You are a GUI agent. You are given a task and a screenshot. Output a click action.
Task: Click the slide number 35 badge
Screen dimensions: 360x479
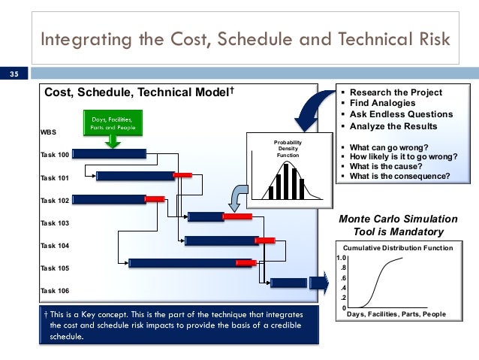14,74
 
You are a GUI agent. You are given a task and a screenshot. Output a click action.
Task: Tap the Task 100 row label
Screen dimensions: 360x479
55,154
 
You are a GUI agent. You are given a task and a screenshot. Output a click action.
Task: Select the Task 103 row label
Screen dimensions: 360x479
55,223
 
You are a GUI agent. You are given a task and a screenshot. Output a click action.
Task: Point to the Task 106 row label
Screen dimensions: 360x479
55,290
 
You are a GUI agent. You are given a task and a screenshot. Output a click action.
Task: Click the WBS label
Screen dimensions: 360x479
48,132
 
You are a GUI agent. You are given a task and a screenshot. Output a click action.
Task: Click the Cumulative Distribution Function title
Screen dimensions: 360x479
398,247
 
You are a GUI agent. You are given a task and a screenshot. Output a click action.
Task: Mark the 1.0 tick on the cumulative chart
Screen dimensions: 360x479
339,258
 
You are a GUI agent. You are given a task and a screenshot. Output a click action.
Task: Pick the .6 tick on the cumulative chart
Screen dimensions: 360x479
342,277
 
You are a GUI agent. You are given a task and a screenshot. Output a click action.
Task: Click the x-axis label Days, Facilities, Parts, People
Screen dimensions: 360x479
398,314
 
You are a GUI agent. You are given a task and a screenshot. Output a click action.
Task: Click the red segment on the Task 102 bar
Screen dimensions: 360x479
155,198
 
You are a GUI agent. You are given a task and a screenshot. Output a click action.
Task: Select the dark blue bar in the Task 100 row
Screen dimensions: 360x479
110,153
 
